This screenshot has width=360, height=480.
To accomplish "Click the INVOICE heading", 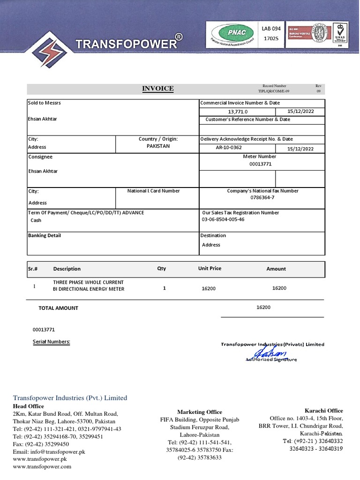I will point(158,89).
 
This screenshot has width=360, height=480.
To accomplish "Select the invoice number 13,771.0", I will point(238,112).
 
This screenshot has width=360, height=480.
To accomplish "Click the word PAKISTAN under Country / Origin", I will point(158,146).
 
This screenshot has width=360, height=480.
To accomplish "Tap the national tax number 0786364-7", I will point(262,198).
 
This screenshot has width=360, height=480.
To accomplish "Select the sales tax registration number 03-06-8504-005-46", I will point(223,219).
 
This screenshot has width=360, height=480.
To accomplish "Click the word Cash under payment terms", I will point(36,220).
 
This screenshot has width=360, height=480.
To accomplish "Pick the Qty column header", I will point(161,269).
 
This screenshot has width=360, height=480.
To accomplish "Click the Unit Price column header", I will point(210,269).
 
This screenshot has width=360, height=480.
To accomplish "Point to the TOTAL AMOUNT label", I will point(58,308).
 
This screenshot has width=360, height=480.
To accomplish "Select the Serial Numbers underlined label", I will point(51,342).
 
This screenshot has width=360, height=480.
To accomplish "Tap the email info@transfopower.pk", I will point(49,452).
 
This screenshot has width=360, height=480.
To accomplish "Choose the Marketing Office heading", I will point(199,412).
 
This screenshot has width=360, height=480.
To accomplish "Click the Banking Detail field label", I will point(45,235).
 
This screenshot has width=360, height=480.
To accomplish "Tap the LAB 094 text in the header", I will point(271,29).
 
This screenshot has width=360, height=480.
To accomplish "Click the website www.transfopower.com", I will point(42,467).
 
